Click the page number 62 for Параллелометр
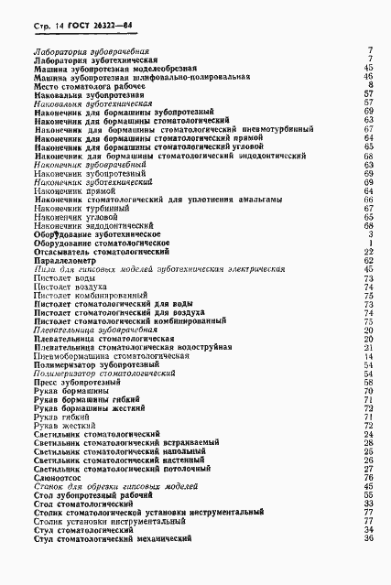coord(369,259)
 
